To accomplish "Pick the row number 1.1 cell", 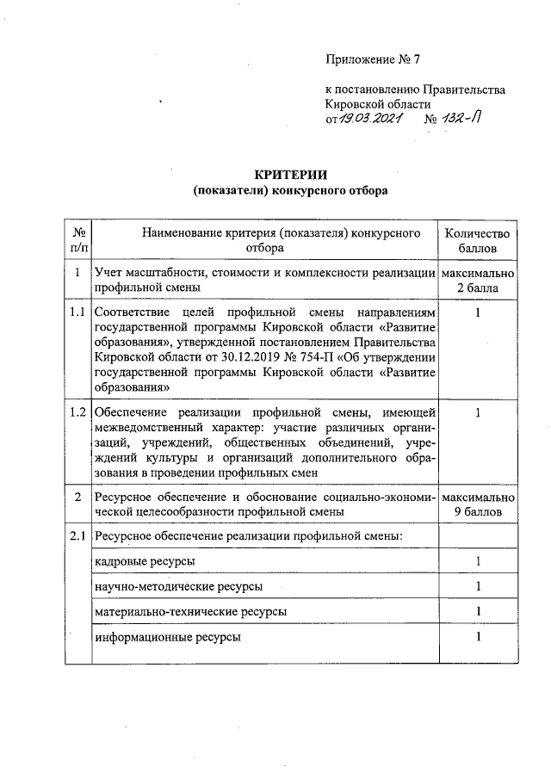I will coord(78,311).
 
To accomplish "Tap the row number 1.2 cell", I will coord(78,413).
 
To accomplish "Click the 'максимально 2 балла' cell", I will coord(477,281).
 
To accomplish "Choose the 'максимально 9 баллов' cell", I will coord(477,504).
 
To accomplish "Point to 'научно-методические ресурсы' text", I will coord(179,586).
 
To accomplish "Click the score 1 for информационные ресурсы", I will coord(477,637).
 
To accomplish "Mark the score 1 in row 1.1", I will coord(477,311).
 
